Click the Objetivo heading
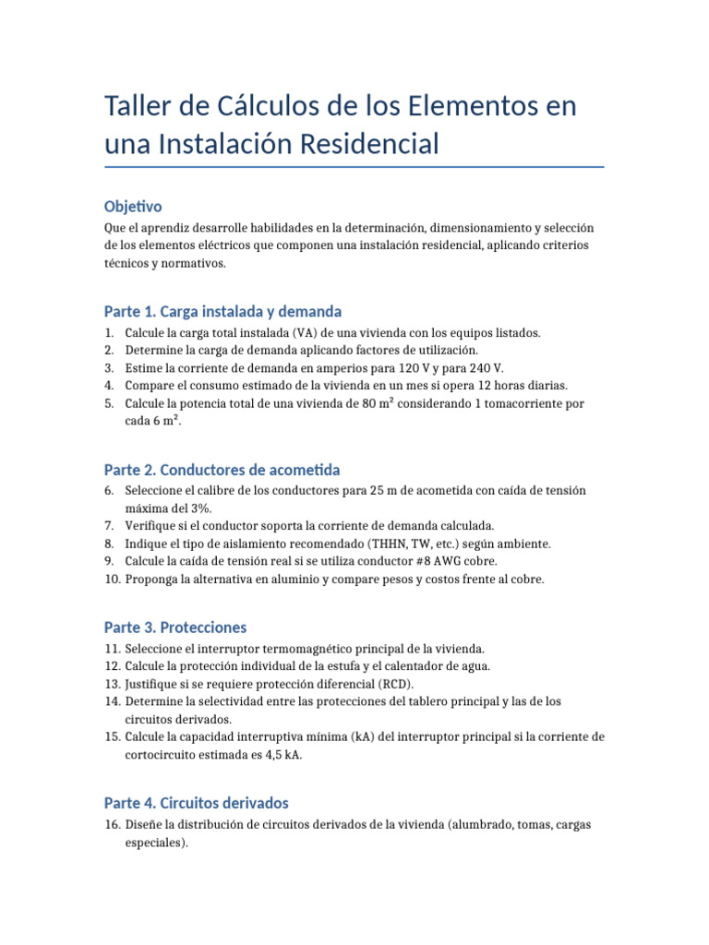coord(134,206)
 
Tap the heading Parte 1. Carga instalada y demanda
coord(223,311)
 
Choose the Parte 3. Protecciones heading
coord(175,628)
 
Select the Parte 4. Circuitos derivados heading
coord(198,803)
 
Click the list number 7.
coord(110,525)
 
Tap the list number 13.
coord(111,684)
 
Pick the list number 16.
coord(111,825)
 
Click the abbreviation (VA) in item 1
coord(307,332)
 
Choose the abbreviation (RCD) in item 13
coord(397,684)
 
